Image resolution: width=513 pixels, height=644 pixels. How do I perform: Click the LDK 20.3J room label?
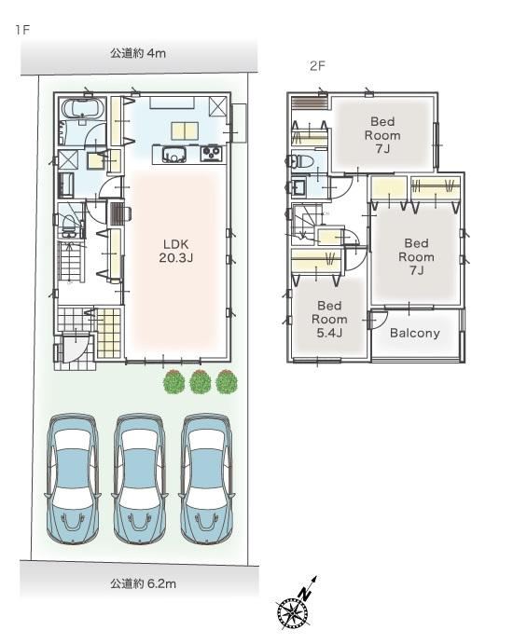coord(176,251)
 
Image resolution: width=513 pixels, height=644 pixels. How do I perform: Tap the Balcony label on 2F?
coord(415,333)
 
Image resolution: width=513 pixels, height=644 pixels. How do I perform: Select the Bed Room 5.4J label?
coord(329,319)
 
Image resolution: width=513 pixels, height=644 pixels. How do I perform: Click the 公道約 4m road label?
coord(138,53)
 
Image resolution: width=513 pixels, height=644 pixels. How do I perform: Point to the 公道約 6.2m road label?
coord(143,583)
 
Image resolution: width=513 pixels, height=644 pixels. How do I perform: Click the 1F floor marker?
coord(23,30)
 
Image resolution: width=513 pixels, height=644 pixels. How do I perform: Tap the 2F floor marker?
coord(317,66)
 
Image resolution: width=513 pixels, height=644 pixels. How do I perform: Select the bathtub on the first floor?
coord(82,108)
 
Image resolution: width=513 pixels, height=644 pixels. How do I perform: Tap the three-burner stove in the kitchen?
coord(212,153)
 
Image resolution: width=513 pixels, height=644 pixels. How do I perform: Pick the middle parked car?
coord(141,478)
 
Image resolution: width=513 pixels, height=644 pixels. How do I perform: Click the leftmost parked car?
coord(74,478)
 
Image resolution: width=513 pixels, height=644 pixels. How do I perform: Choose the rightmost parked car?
coord(208,478)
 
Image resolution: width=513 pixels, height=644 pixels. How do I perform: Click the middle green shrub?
coord(201,382)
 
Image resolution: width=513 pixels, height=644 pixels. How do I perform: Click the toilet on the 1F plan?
coord(69,225)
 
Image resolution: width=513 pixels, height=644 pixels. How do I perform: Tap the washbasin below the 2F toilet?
coord(298,187)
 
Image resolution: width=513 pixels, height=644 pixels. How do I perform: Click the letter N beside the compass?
coord(304,594)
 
